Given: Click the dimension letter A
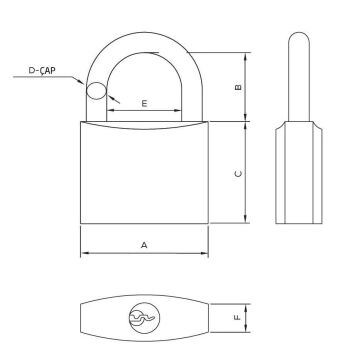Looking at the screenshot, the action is coord(144,245).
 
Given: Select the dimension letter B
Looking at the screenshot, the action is coord(238,87).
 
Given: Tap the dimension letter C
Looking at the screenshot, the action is coord(238,174).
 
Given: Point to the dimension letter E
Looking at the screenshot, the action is coord(144,104).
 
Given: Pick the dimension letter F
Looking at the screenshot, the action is coord(237,318).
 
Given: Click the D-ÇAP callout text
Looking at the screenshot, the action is coord(42,70).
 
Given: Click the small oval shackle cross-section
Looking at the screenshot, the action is coord(96,90).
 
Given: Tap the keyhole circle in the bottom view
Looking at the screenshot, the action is coord(144,318).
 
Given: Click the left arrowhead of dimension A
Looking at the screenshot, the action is coord(84,253).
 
